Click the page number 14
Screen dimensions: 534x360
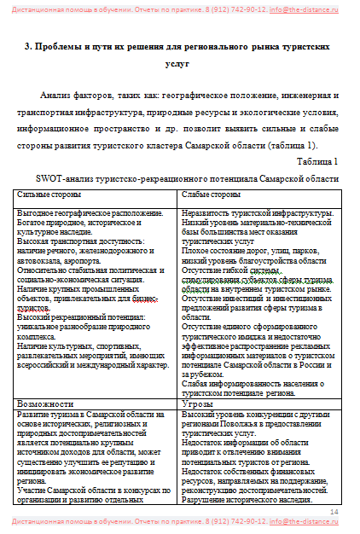334,510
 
